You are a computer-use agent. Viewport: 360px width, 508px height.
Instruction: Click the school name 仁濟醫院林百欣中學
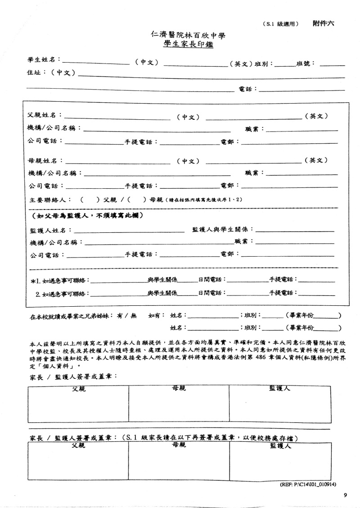click(x=189, y=35)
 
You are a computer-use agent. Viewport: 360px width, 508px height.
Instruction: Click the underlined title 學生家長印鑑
click(x=189, y=44)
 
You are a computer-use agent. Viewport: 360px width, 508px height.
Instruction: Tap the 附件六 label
click(x=323, y=23)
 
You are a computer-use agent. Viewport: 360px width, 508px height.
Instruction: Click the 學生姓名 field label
click(x=43, y=60)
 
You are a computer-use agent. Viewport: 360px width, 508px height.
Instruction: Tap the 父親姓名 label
click(x=44, y=116)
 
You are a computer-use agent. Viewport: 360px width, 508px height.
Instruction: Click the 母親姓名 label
click(x=44, y=160)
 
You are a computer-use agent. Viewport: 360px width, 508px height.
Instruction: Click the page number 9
click(x=345, y=495)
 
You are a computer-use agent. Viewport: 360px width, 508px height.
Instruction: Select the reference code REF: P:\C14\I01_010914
click(x=310, y=485)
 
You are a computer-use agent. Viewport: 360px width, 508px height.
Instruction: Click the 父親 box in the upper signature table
click(x=79, y=405)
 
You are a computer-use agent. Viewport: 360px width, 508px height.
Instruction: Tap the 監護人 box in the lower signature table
click(x=280, y=464)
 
